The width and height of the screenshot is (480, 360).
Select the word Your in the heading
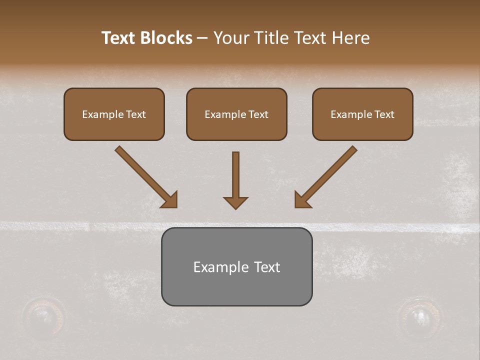click(231, 38)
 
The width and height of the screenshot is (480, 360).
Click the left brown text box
click(114, 114)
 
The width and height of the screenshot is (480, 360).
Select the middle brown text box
click(236, 114)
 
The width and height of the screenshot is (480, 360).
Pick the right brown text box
click(362, 114)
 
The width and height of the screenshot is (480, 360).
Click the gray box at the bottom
click(236, 266)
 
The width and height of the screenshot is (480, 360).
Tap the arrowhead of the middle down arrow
click(235, 202)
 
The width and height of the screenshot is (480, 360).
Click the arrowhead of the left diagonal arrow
click(170, 200)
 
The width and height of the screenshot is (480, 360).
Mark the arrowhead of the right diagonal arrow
click(302, 200)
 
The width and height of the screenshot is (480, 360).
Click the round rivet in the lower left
click(44, 315)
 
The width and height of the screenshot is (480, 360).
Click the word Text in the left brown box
click(136, 114)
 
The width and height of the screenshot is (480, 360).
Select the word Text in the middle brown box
click(258, 114)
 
